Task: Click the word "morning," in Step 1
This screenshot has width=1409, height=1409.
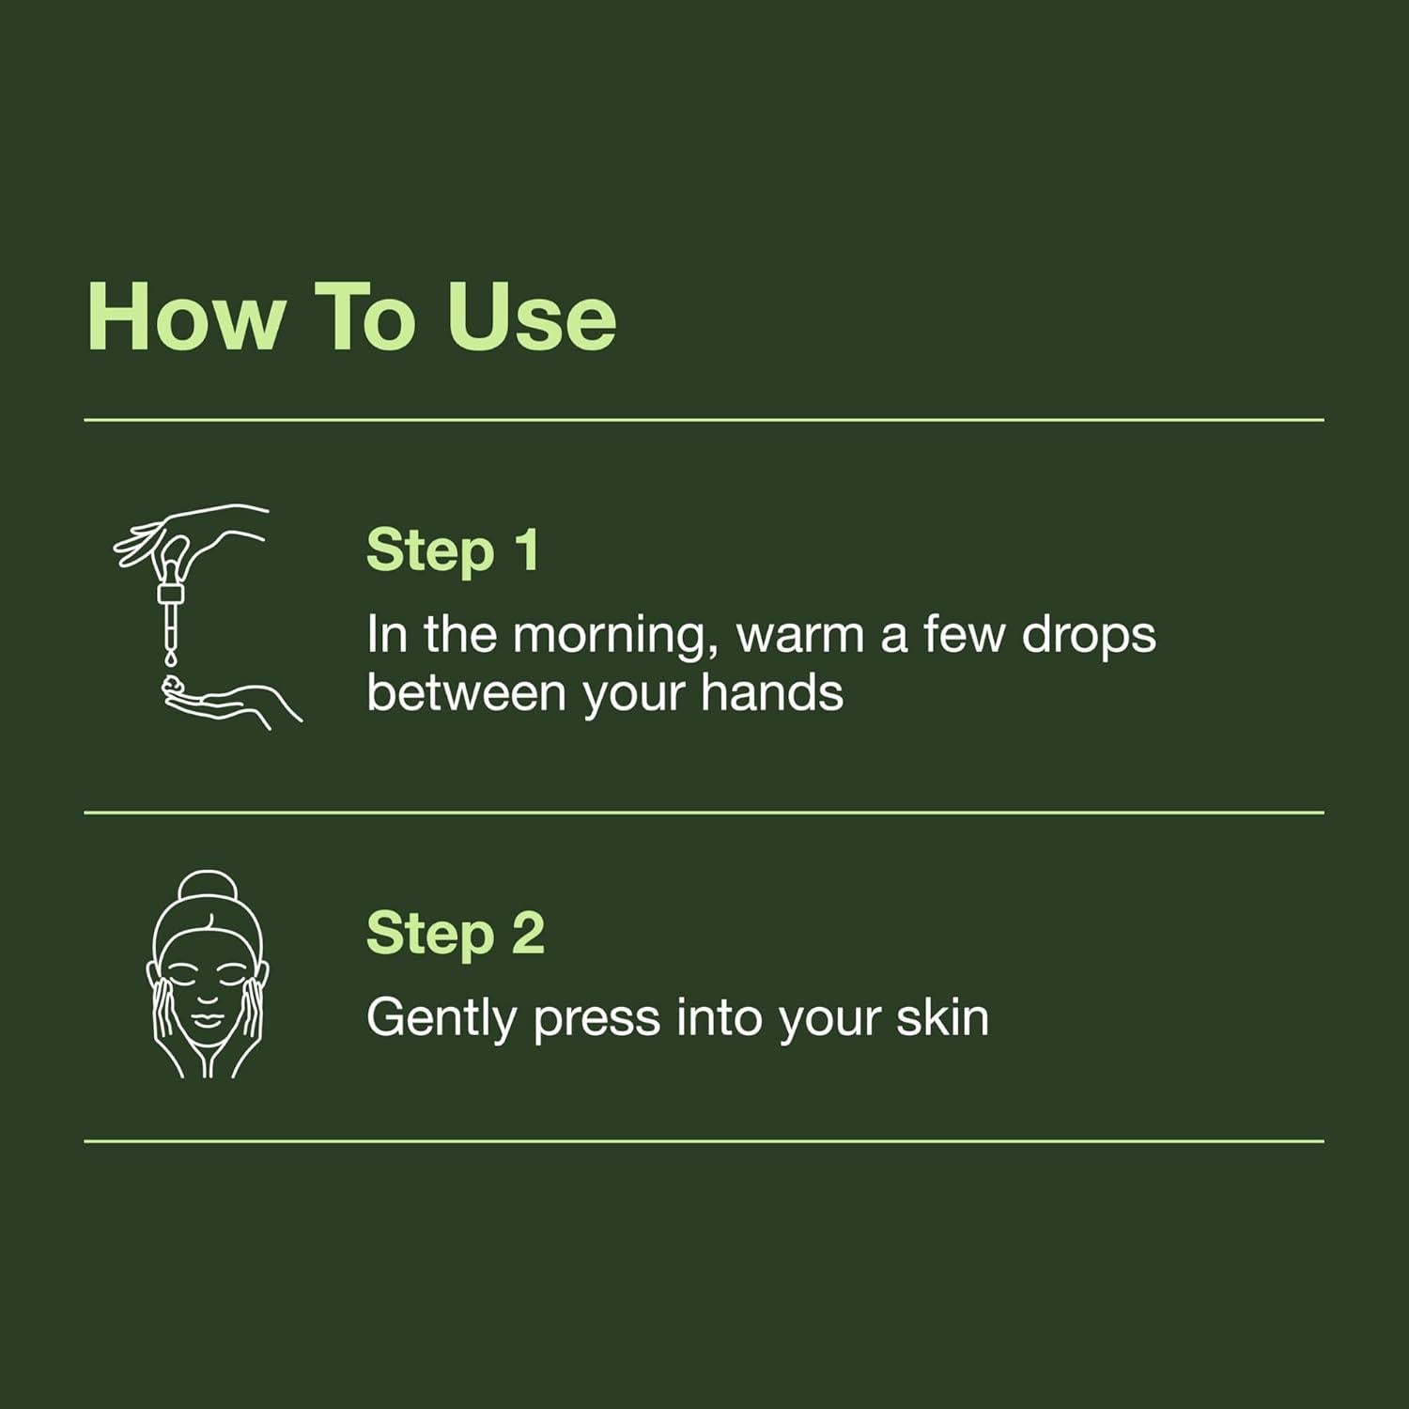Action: pyautogui.click(x=609, y=636)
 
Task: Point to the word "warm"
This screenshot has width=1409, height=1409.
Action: pyautogui.click(x=799, y=635)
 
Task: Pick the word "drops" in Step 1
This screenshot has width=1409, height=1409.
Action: pyautogui.click(x=1089, y=636)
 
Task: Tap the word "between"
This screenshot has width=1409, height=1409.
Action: pyautogui.click(x=466, y=693)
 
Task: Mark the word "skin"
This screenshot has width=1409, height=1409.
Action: pyautogui.click(x=942, y=1018)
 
